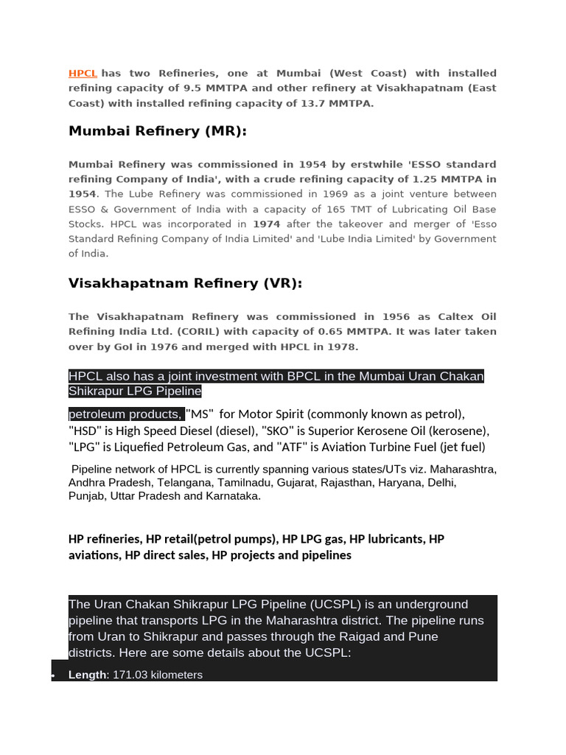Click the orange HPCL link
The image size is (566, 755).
(x=83, y=74)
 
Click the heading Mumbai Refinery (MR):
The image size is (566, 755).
(x=157, y=131)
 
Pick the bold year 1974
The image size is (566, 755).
(x=267, y=224)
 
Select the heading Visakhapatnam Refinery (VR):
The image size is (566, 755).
(x=185, y=284)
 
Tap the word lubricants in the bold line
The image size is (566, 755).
(x=393, y=539)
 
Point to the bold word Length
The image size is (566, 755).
(x=87, y=675)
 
